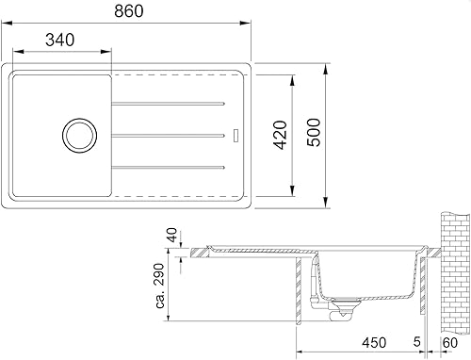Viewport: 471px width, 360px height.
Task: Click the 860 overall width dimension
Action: pyautogui.click(x=129, y=11)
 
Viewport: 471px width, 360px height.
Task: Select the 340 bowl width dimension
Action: pyautogui.click(x=60, y=40)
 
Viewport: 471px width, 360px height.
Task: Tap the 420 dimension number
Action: pyautogui.click(x=280, y=135)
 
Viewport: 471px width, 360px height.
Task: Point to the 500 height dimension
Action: pyautogui.click(x=314, y=132)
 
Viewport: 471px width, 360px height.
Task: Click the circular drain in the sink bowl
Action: pyautogui.click(x=79, y=136)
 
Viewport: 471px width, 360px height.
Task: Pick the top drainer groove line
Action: pyautogui.click(x=169, y=104)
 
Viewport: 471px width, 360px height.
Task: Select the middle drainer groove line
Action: pyautogui.click(x=169, y=136)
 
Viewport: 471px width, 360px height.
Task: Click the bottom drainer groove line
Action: pyautogui.click(x=169, y=168)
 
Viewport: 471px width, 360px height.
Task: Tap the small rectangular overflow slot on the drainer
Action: pyautogui.click(x=236, y=136)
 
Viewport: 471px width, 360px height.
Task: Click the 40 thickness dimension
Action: pyautogui.click(x=172, y=236)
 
